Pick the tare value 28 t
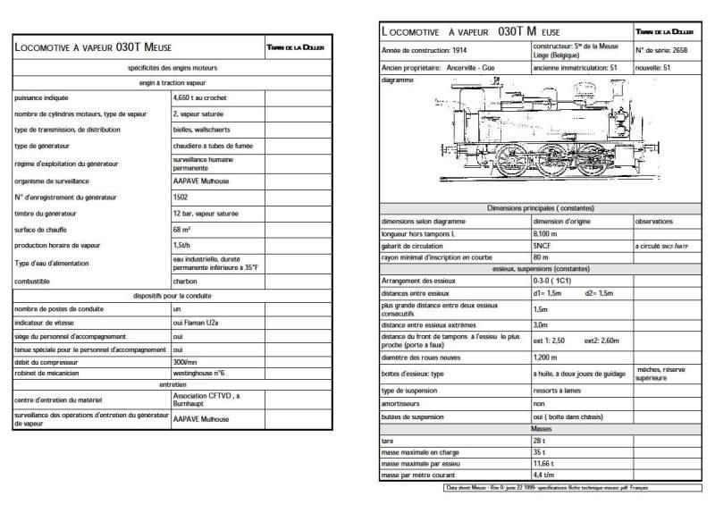(539, 441)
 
